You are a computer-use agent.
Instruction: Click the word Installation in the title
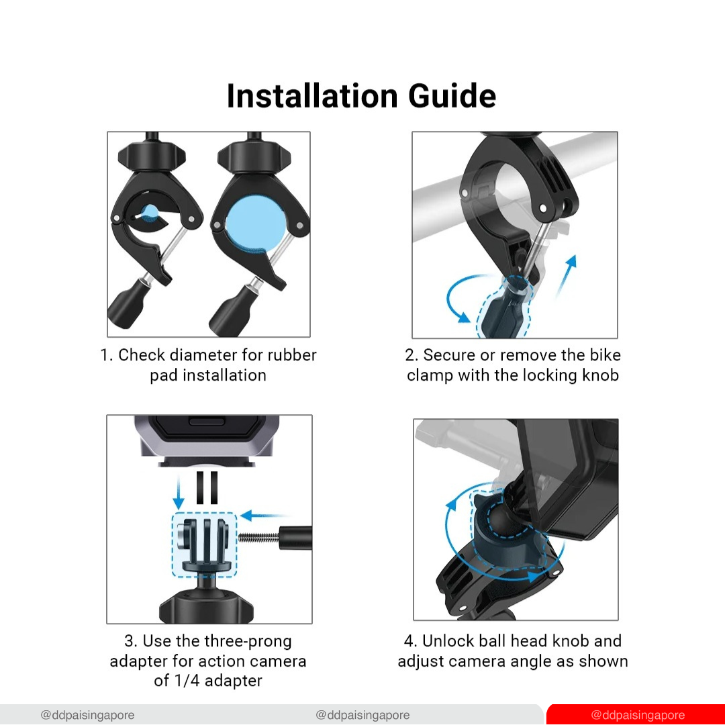coord(312,96)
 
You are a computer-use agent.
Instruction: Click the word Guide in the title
coord(452,96)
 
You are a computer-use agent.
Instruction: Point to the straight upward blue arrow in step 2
coord(566,276)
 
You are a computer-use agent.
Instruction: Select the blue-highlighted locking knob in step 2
coord(505,307)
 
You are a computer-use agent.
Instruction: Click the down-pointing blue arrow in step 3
coord(179,493)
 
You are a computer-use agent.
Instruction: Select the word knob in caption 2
coord(600,375)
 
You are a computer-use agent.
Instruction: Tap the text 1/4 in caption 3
coord(187,681)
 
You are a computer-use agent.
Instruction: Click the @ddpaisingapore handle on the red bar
coord(638,715)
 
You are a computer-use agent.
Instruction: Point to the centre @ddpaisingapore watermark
coord(362,715)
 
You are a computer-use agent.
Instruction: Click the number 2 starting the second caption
coord(410,355)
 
